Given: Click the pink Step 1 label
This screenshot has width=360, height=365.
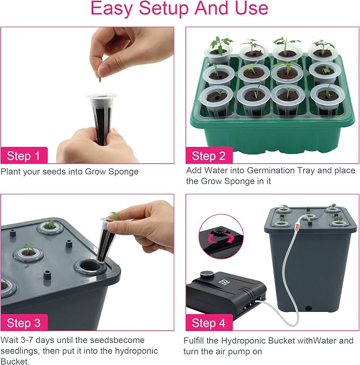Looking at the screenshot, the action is click(24, 155).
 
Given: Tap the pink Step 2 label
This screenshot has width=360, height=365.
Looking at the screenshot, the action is click(209, 155).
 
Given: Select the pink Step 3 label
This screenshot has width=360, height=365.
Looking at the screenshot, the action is click(24, 323).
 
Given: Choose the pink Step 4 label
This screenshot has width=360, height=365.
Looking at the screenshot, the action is click(209, 323).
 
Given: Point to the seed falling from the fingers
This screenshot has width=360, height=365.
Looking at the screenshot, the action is click(100, 80).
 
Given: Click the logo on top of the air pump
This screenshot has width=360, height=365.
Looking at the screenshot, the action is click(222, 281).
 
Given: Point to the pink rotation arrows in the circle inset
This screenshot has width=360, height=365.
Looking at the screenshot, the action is click(221, 239).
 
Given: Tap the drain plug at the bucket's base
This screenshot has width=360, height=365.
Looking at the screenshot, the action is click(309, 308).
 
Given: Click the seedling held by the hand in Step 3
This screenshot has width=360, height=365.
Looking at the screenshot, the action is click(116, 216).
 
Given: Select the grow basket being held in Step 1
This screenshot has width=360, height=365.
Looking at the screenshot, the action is click(102, 119).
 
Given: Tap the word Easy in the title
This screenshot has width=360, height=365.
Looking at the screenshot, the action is click(111, 9).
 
